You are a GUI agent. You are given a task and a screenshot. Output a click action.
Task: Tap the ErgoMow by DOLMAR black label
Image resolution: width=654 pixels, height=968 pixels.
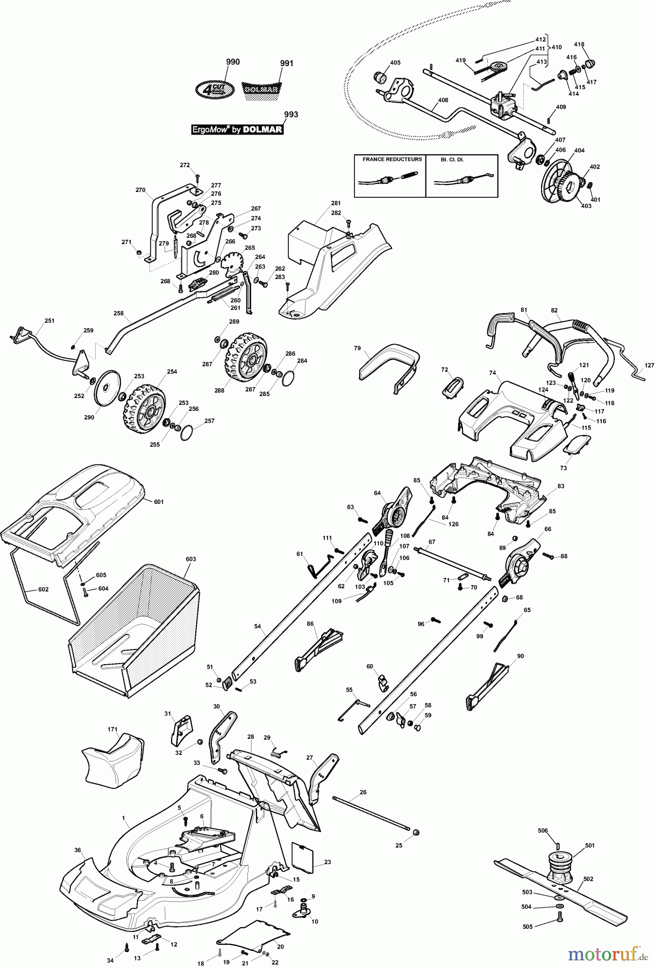237,130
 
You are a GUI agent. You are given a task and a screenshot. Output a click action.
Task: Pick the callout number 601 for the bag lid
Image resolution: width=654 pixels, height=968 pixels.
159,502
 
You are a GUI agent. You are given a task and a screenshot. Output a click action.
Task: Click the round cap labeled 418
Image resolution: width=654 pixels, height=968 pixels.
591,65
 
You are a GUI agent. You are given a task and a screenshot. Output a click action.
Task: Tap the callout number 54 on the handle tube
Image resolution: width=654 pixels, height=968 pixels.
258,627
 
